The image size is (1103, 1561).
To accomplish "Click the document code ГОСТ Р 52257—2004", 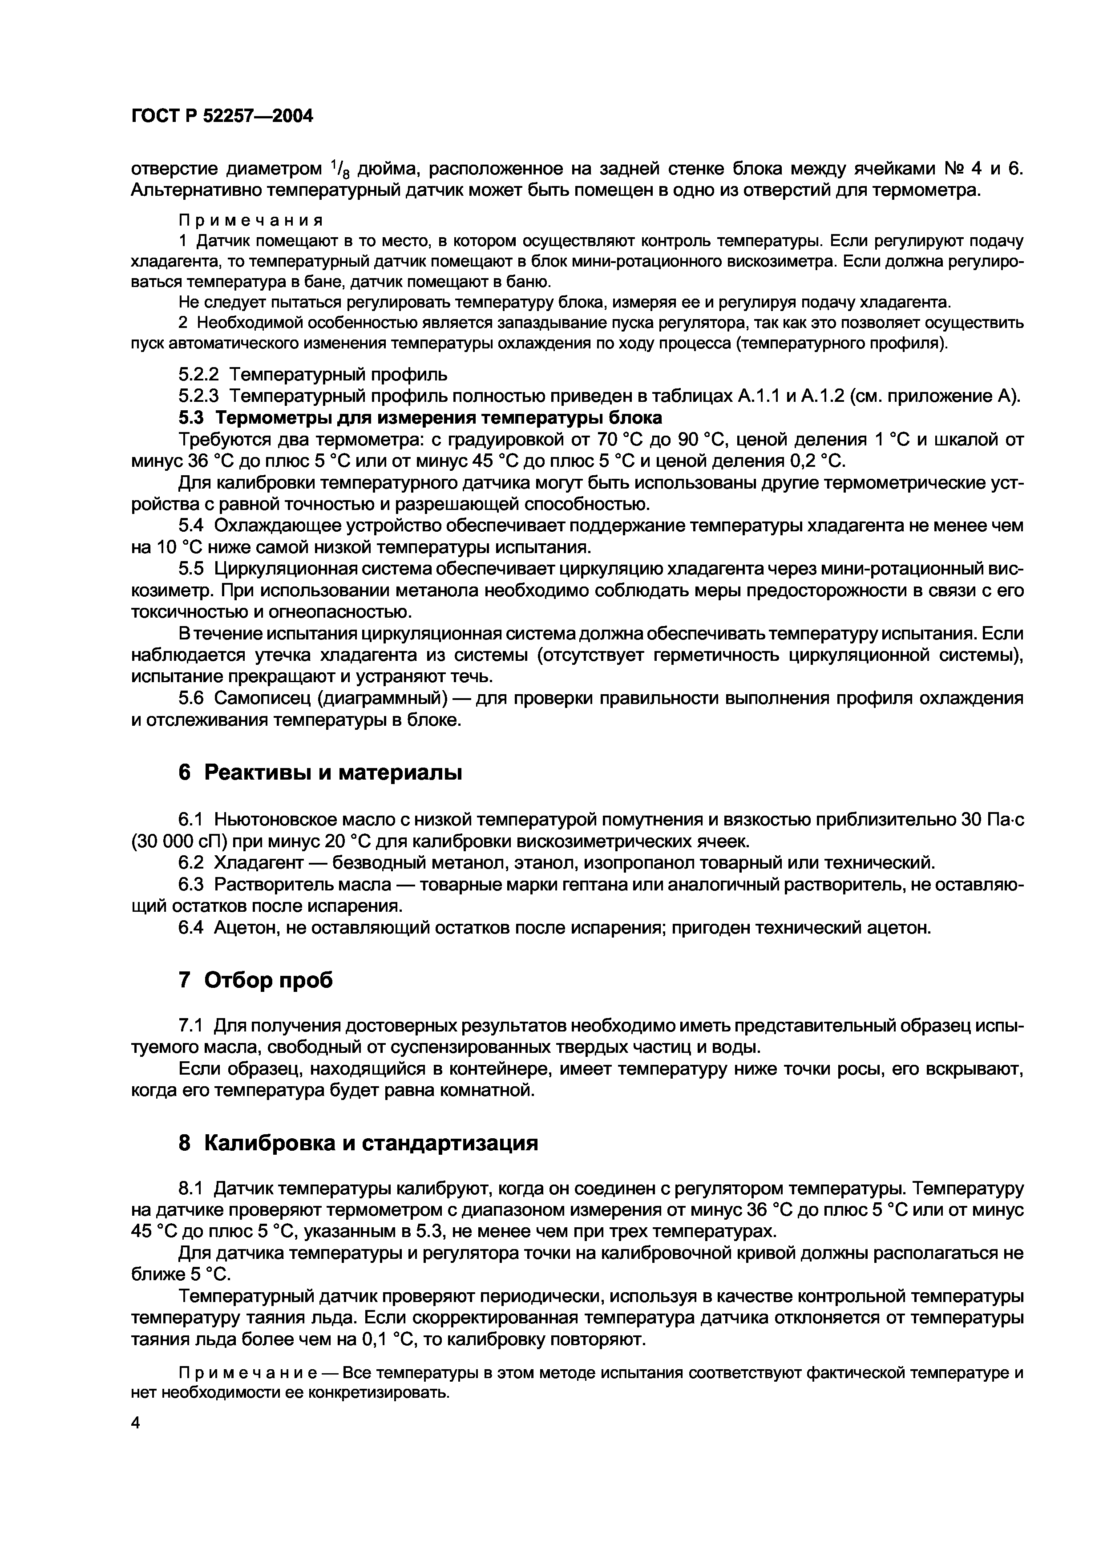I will (222, 116).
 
